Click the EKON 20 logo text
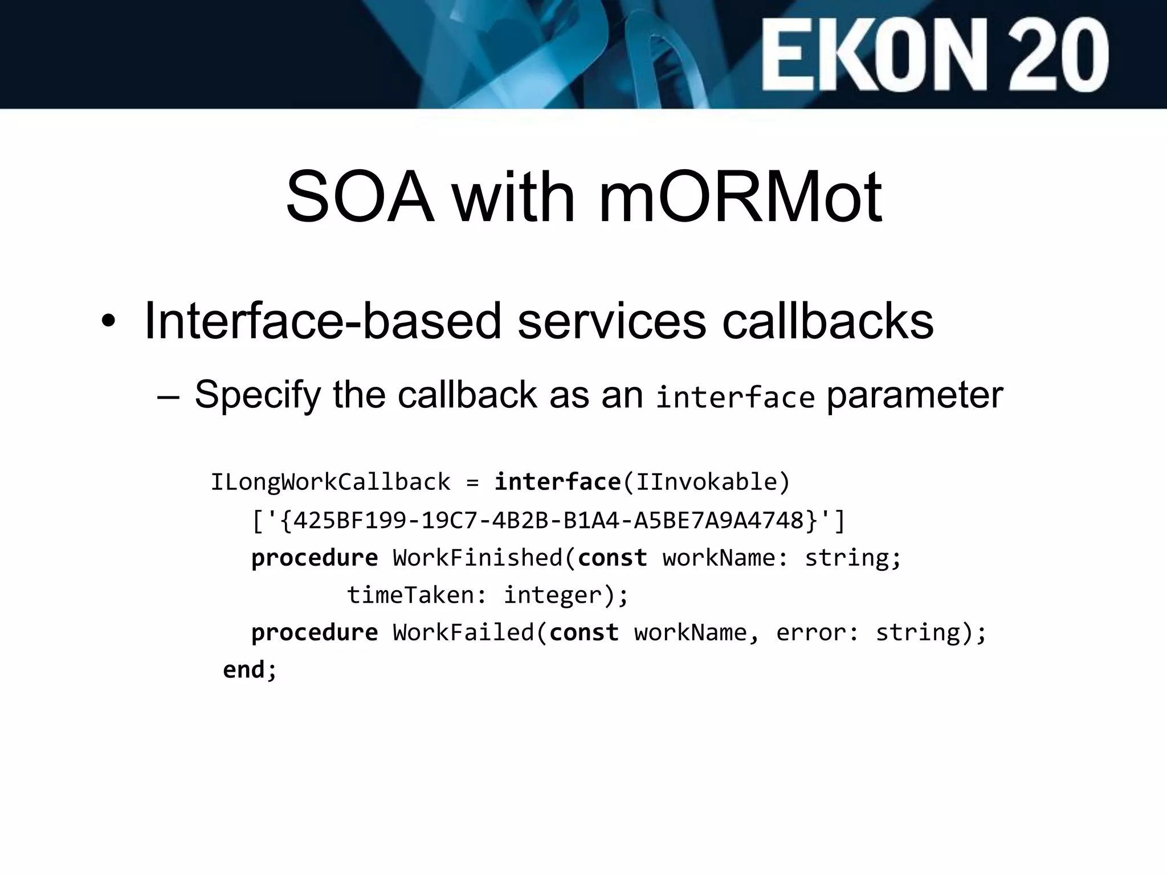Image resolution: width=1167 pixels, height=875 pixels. [x=935, y=56]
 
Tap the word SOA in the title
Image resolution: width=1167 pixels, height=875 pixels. [x=359, y=197]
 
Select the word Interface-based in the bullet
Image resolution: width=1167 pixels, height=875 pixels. [x=323, y=321]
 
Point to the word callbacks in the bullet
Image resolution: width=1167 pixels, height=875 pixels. [x=827, y=321]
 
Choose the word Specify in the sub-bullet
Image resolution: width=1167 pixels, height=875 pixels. [x=258, y=394]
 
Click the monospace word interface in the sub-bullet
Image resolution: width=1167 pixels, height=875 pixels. [x=735, y=397]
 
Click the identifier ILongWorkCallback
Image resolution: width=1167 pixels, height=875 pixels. [x=330, y=483]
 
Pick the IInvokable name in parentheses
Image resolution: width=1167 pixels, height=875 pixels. [x=706, y=483]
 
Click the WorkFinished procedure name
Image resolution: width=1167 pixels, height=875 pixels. [x=478, y=558]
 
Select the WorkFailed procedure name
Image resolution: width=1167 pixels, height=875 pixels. [x=463, y=633]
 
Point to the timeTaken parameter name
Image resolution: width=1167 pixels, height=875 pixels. [x=410, y=595]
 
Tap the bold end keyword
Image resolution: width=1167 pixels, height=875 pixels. [x=243, y=670]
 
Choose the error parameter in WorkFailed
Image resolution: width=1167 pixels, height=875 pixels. [x=811, y=633]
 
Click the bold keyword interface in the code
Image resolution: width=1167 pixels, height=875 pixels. [x=557, y=483]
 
